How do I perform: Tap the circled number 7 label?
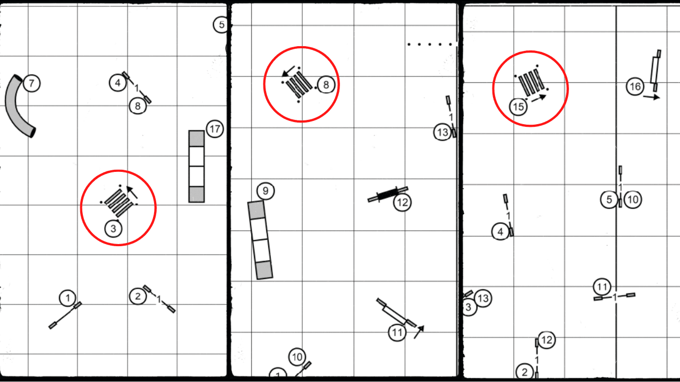[x=32, y=83]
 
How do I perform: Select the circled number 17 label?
[x=215, y=129]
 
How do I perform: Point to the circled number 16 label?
[x=635, y=86]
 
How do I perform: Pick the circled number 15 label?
[x=519, y=107]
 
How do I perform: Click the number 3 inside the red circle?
[x=113, y=229]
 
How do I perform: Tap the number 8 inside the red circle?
[x=326, y=84]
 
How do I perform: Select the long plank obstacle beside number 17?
[x=197, y=166]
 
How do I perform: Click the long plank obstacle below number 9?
[x=260, y=240]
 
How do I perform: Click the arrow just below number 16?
[x=651, y=97]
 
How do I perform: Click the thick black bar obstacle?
[x=388, y=194]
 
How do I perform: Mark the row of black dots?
[x=431, y=45]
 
